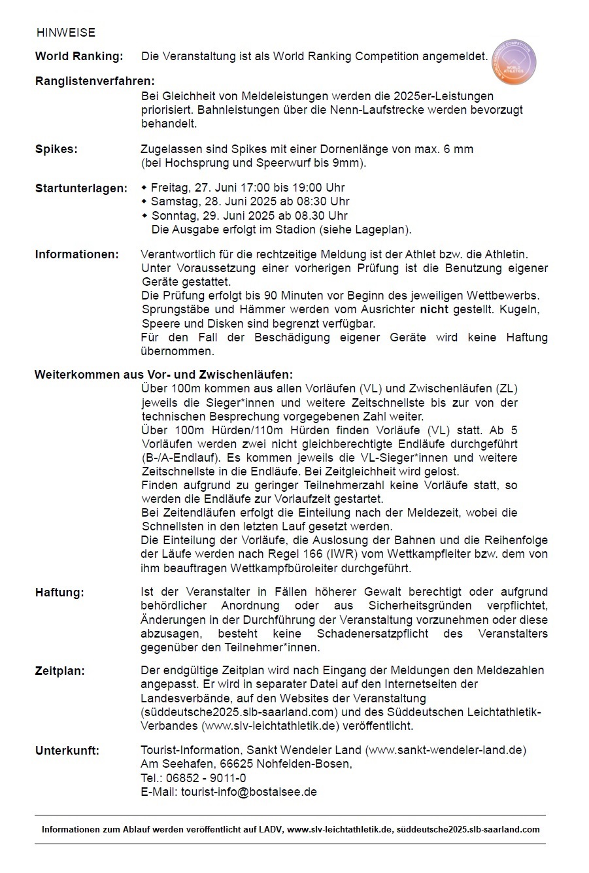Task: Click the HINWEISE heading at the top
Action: (x=65, y=33)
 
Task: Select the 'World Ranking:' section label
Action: (x=78, y=56)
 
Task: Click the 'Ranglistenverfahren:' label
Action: (x=95, y=82)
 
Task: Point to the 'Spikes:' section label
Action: (x=56, y=149)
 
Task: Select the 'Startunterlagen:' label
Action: (x=81, y=188)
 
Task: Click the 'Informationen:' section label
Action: (x=77, y=254)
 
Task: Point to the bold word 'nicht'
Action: (x=434, y=309)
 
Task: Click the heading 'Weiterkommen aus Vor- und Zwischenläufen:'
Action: (x=163, y=375)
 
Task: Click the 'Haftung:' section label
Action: (x=59, y=592)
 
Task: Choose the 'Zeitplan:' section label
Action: (x=59, y=670)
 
